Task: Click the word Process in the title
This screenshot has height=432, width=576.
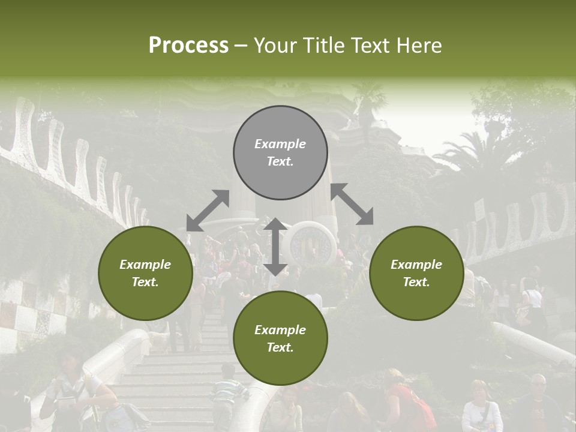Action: coord(188,46)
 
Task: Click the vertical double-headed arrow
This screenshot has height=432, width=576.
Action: coord(275,247)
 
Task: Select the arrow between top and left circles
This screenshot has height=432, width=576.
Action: coord(208,211)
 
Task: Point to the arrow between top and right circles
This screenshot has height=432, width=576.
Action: coord(352,204)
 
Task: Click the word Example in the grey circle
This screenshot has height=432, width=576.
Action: coord(280,144)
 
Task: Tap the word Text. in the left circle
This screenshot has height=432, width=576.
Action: coord(145,282)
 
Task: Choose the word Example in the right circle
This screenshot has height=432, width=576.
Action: coord(416,265)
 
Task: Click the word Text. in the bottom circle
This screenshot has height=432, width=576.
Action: coord(280,347)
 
